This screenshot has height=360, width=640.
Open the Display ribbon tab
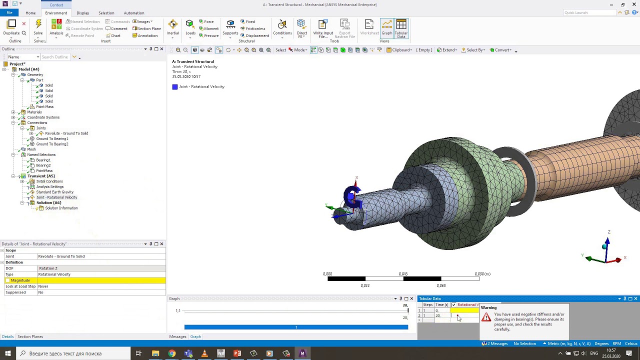pos(83,13)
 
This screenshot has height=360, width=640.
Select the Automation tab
pos(134,13)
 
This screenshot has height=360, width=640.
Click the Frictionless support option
pos(255,28)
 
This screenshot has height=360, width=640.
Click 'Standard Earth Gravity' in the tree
pos(54,192)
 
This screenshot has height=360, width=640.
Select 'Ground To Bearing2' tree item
pos(52,144)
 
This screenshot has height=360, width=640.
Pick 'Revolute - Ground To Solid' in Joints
pos(66,133)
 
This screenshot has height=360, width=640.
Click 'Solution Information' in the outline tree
pos(61,208)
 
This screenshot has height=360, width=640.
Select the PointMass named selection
pos(44,170)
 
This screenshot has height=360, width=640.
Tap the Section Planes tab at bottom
pos(30,336)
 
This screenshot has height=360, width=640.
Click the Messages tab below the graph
pos(177,336)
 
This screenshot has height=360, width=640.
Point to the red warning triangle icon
pos(486,317)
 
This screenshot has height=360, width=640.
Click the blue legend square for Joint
pos(175,87)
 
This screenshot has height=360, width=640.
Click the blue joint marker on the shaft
pos(352,197)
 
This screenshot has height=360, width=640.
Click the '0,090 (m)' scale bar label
pos(482,274)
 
